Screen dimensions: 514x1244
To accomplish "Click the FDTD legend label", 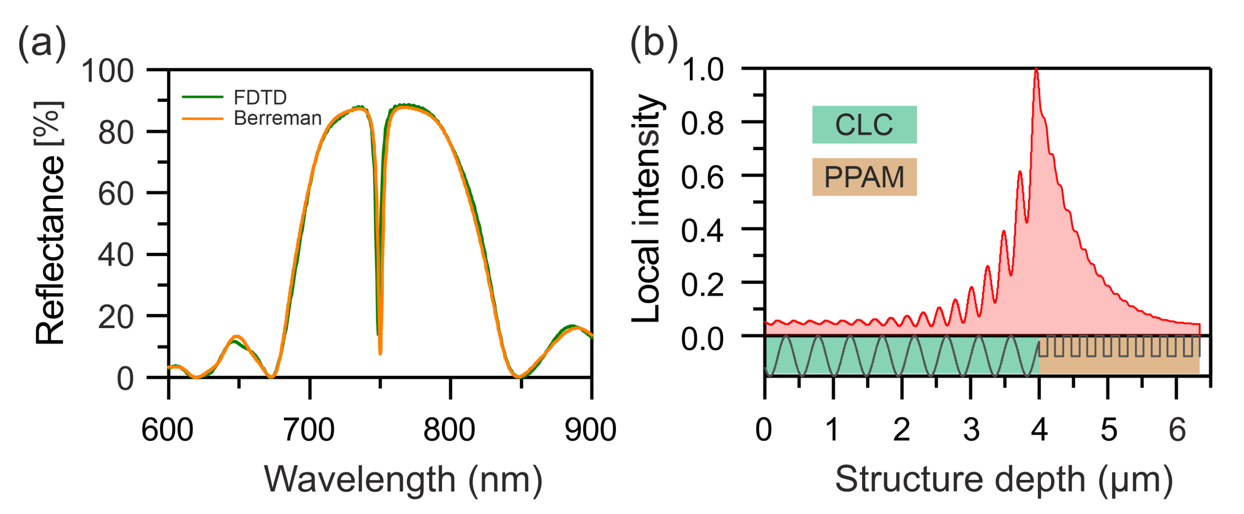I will (x=260, y=98).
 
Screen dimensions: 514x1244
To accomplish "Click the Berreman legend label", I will (x=277, y=118).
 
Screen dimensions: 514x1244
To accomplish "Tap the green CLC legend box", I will (x=864, y=125).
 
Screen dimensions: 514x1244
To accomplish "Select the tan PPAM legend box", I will (x=864, y=177).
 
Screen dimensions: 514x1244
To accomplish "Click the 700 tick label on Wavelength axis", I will (x=308, y=430).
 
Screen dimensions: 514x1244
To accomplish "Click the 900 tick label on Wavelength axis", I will (x=590, y=430).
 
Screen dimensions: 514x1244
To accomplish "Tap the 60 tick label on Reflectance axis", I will (x=116, y=194).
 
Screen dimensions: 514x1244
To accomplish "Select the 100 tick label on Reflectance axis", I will (x=107, y=72).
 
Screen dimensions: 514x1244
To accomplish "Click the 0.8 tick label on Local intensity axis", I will (x=702, y=123).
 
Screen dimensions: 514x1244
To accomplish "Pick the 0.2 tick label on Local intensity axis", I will (x=702, y=285).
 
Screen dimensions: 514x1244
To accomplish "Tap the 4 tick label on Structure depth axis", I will (x=1039, y=430).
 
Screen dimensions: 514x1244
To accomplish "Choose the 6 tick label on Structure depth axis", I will (x=1177, y=430).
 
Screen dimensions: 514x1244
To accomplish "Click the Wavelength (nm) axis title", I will (x=403, y=480).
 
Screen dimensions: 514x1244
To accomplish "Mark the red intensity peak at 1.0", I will (x=1036, y=70).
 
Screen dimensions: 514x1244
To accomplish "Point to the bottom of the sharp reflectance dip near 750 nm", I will (x=381, y=353).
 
